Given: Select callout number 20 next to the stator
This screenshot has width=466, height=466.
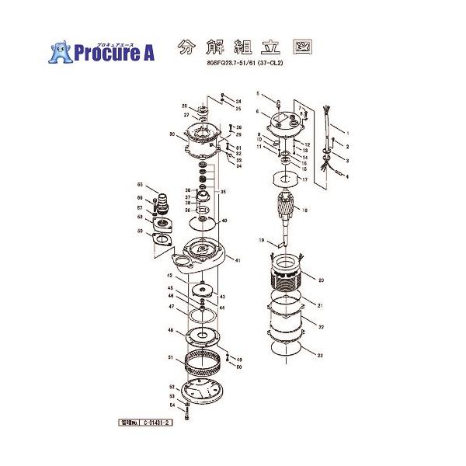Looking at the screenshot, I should (320, 279).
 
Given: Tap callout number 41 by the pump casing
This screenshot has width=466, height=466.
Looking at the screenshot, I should (238, 259).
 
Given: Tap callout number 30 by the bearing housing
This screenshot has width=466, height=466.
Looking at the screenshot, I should (170, 134).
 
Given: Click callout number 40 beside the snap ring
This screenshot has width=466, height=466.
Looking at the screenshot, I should (224, 221).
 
